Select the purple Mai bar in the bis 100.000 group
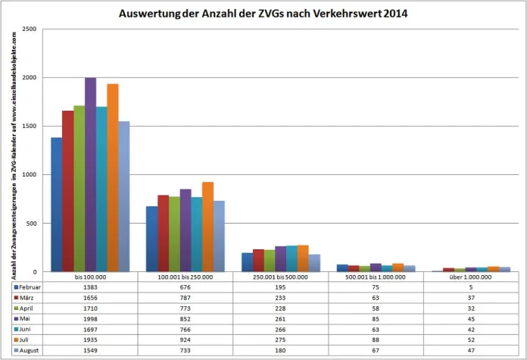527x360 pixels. (x=90, y=174)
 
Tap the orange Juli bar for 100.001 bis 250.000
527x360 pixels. (x=207, y=227)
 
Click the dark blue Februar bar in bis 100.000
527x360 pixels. (x=56, y=205)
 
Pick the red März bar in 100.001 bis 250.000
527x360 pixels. (x=163, y=233)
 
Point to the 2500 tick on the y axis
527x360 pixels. (x=30, y=30)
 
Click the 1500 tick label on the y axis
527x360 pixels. (x=30, y=127)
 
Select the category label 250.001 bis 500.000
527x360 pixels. (x=280, y=277)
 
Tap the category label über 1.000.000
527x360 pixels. (x=470, y=277)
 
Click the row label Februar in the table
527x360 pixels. (x=30, y=288)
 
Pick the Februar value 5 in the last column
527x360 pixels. (x=470, y=288)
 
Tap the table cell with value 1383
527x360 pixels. (x=89, y=288)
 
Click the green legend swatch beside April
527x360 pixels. (x=15, y=309)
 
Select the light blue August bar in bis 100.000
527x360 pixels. (x=124, y=196)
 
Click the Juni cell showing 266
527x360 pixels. (x=280, y=330)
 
